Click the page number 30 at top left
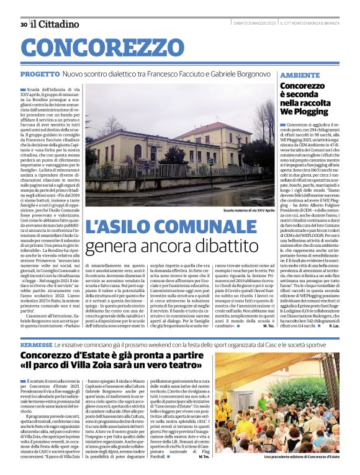click(x=23, y=24)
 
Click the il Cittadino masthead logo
click(x=55, y=24)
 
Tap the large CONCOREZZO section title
click(x=93, y=48)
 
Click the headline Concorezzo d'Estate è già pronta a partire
click(x=112, y=355)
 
